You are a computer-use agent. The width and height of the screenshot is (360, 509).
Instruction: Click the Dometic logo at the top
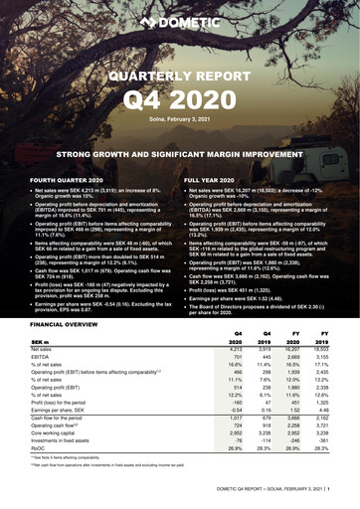(x=180, y=21)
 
